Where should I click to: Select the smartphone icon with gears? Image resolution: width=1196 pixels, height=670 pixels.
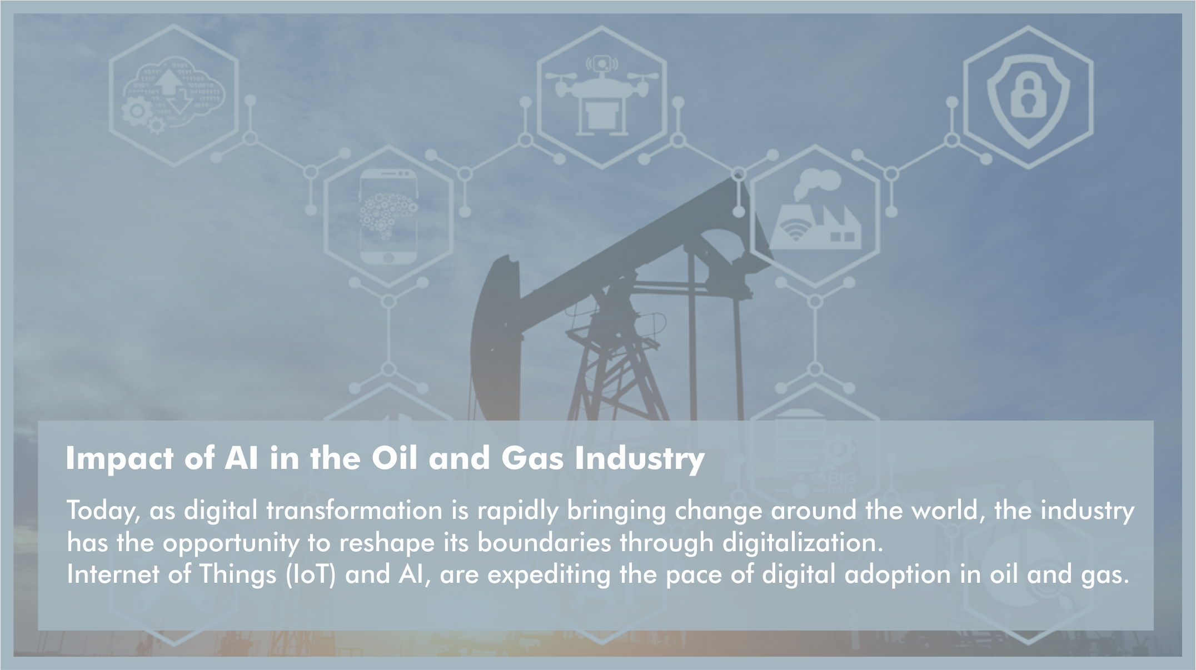(x=388, y=217)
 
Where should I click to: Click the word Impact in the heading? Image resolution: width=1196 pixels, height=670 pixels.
(x=120, y=459)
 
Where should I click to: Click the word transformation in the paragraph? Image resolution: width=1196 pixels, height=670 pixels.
(x=354, y=511)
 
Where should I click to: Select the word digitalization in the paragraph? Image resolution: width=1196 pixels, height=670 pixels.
(x=803, y=542)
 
